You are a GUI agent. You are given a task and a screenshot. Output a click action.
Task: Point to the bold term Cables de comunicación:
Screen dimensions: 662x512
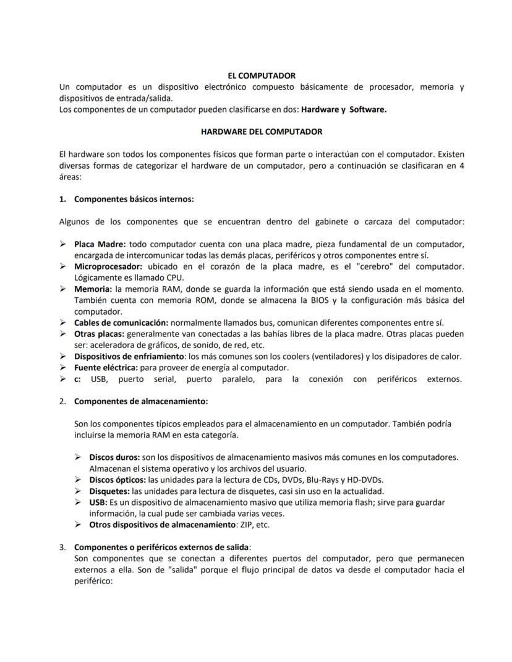(121, 323)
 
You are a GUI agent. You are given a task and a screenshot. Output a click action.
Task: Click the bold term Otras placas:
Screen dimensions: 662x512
(99, 334)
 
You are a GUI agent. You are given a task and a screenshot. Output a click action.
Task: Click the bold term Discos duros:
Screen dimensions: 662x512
(114, 457)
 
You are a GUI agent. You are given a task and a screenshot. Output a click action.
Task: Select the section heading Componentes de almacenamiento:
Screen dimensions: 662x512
(141, 401)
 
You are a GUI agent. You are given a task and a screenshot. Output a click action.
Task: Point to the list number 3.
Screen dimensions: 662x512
(62, 547)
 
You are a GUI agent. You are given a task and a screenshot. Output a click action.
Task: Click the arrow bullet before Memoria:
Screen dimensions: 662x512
(63, 289)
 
